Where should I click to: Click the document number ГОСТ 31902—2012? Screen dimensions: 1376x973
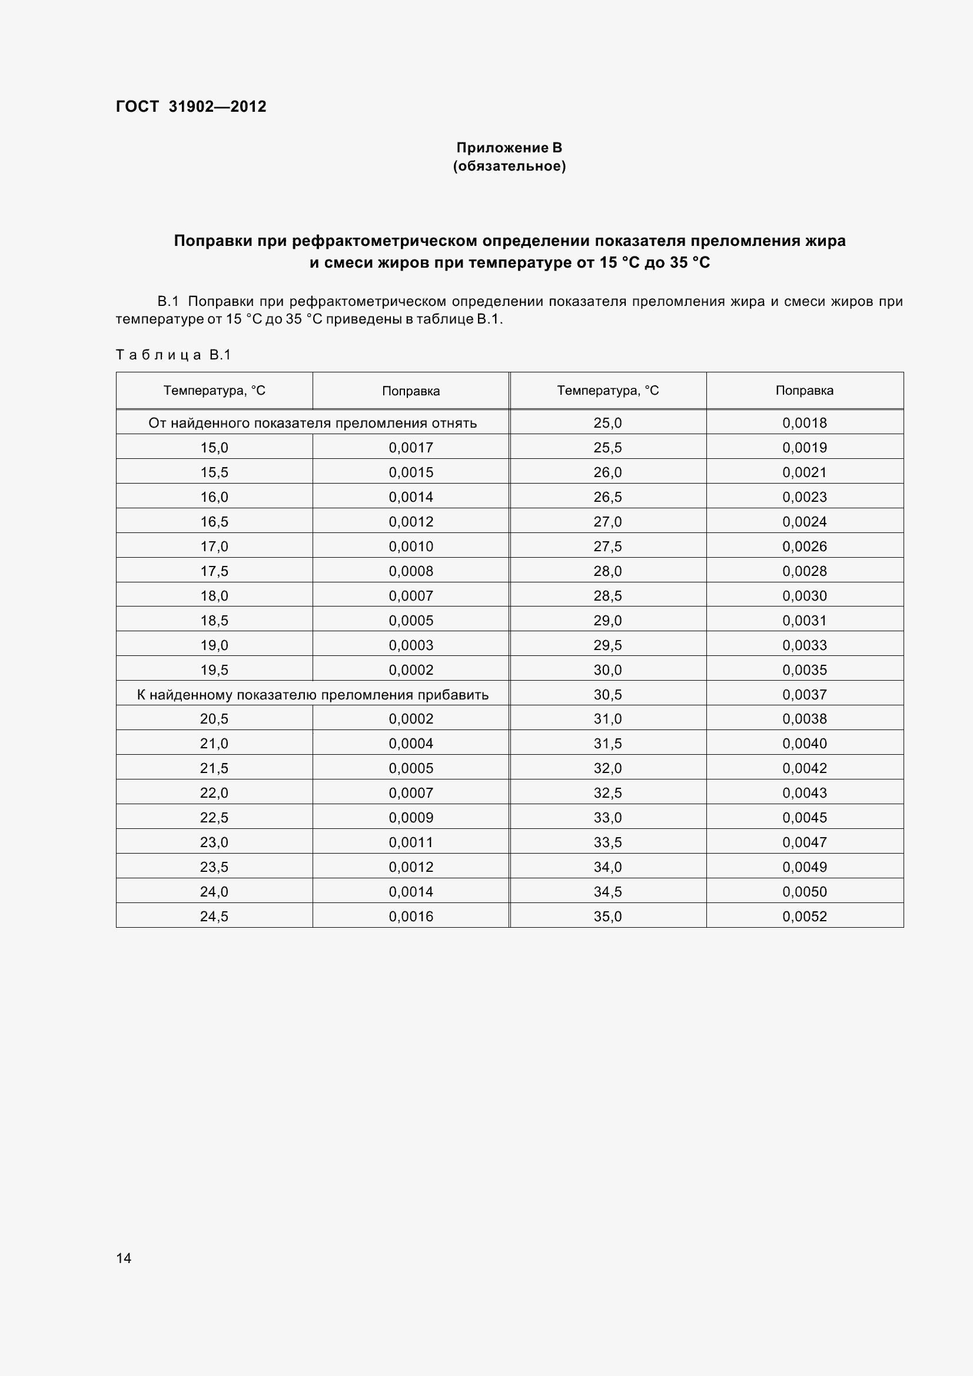coord(191,106)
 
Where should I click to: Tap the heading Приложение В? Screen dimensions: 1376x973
coord(509,148)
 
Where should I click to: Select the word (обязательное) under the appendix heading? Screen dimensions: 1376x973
coord(509,166)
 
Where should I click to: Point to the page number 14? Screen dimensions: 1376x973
coord(124,1258)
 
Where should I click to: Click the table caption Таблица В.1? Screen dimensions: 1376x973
coord(173,355)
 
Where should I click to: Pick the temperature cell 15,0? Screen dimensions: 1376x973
coord(214,448)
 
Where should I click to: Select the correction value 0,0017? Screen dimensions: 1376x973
coord(411,448)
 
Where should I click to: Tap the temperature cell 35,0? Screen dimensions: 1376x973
coord(607,917)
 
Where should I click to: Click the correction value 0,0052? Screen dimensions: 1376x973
coord(804,917)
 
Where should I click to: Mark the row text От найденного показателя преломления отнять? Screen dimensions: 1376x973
coord(313,423)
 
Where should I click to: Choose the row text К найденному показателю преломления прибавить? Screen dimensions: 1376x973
coord(313,695)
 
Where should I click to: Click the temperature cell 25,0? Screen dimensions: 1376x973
coord(607,423)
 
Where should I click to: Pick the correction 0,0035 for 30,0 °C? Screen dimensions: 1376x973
coord(804,670)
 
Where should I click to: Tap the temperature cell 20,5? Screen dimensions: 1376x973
coord(214,718)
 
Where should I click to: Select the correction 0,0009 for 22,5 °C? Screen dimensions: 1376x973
coord(411,818)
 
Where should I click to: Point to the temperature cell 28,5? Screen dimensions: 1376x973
coord(607,596)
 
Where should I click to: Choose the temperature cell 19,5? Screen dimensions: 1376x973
coord(214,670)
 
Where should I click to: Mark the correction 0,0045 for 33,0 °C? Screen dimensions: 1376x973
coord(804,818)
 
